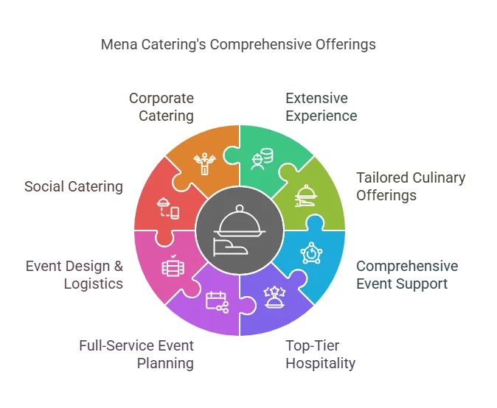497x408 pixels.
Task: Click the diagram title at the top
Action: tap(239, 46)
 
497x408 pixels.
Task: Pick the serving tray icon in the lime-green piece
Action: tap(304, 196)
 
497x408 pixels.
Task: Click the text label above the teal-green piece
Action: tap(322, 107)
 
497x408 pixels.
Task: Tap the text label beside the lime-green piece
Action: tap(409, 186)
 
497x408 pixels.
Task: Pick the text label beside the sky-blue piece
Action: tap(407, 273)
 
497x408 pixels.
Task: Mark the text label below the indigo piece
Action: tap(322, 354)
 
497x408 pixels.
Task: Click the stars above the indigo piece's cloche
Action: tap(274, 289)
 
